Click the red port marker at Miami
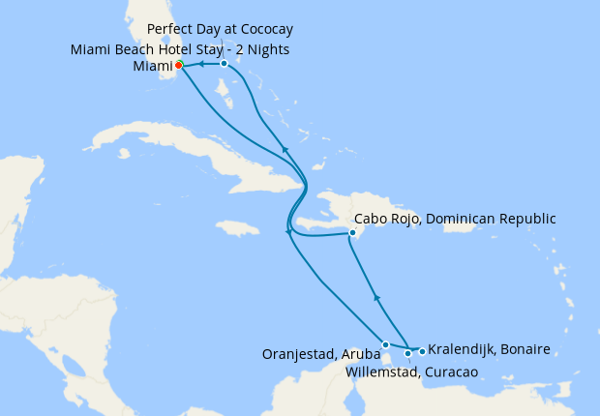(179, 66)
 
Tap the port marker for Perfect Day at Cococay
(224, 64)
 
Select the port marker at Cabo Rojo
(353, 232)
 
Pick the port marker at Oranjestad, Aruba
(385, 344)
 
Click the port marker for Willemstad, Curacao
(408, 353)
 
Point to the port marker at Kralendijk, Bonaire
(422, 350)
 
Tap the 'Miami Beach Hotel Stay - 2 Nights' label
(180, 49)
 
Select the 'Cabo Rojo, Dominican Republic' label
(456, 219)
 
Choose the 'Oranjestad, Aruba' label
(320, 354)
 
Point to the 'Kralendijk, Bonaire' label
(489, 348)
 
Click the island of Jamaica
(238, 228)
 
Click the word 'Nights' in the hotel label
(267, 49)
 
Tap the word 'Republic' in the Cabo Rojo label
(525, 219)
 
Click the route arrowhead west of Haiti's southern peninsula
(288, 231)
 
